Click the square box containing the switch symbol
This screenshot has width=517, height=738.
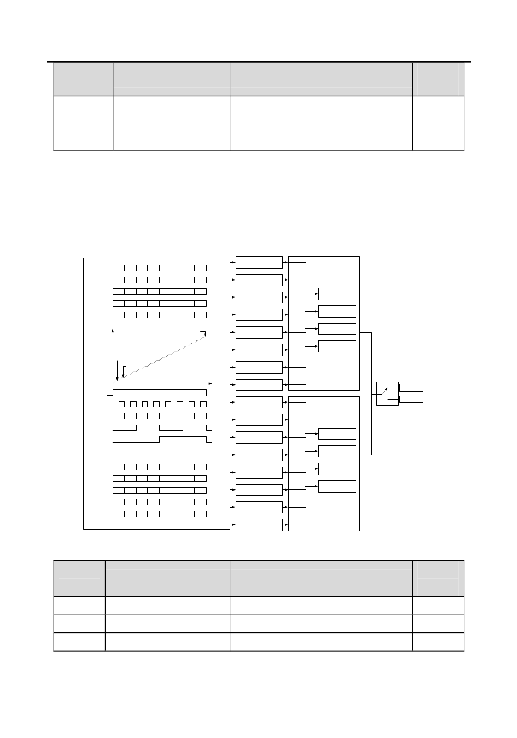click(x=387, y=394)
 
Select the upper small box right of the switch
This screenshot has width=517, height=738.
click(x=411, y=388)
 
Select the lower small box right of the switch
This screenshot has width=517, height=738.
click(x=411, y=400)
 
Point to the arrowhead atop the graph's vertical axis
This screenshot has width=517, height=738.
click(x=113, y=330)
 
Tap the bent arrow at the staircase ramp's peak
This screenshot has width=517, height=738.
click(x=205, y=333)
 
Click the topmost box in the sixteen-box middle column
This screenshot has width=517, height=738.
click(x=259, y=262)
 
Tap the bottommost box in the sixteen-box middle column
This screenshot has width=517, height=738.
click(x=259, y=525)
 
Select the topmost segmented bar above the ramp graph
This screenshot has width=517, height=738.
click(x=159, y=268)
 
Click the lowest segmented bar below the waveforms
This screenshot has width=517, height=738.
click(x=159, y=514)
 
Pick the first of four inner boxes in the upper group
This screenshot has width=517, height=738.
click(x=337, y=294)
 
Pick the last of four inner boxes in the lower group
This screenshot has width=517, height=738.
click(x=337, y=486)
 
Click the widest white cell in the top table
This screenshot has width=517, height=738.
click(x=321, y=123)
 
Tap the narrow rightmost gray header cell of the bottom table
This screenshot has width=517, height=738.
click(x=438, y=579)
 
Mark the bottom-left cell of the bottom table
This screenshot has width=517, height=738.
click(x=79, y=642)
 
